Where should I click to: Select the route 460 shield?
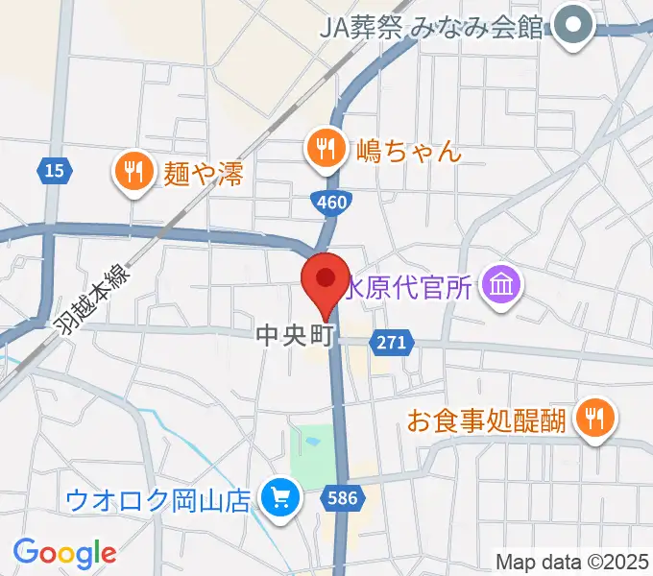click(332, 202)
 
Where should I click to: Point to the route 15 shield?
click(55, 171)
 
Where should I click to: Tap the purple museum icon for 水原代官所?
click(501, 284)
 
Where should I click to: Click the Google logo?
click(64, 552)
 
